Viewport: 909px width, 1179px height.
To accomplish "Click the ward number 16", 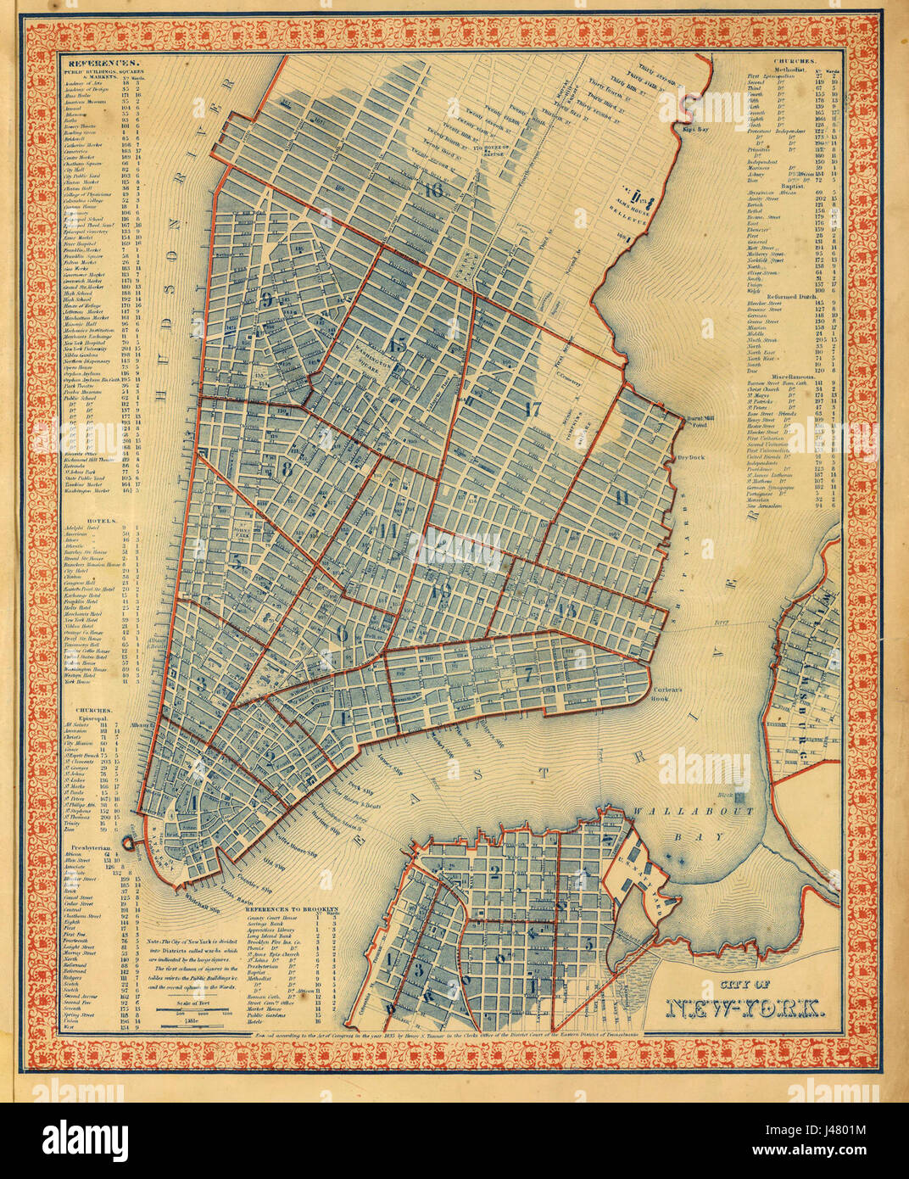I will coord(435,190).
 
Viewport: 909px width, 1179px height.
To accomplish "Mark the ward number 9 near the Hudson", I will coord(268,299).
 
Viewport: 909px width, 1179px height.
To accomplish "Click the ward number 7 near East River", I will coord(528,674).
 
